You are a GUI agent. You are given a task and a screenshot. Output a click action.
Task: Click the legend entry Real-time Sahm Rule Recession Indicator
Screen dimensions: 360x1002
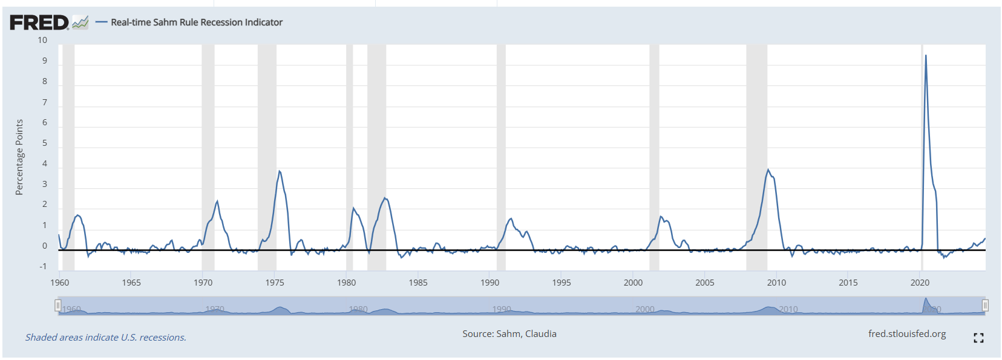click(196, 22)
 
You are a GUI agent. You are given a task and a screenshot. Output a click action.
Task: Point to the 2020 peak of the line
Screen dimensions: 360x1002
click(925, 56)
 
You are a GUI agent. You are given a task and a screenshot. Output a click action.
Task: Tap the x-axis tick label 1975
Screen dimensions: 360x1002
click(275, 283)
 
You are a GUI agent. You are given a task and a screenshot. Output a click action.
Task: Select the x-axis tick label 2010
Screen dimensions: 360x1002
click(776, 283)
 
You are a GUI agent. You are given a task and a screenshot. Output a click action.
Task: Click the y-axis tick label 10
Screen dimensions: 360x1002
click(42, 41)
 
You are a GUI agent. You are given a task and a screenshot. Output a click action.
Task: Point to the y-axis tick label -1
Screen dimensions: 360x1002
click(43, 267)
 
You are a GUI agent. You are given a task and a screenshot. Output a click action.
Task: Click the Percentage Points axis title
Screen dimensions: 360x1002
click(19, 157)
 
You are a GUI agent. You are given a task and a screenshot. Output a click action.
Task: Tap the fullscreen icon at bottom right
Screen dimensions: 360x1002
click(978, 338)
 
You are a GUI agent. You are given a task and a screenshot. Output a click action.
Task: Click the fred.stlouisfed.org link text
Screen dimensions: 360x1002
click(906, 334)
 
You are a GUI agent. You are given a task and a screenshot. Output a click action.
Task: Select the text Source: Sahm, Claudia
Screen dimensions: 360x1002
click(509, 334)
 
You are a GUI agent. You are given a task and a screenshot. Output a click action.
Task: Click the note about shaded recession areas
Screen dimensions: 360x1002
click(106, 338)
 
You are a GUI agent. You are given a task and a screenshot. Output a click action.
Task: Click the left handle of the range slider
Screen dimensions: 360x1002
click(58, 306)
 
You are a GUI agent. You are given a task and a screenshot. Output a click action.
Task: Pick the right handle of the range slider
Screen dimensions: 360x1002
click(985, 306)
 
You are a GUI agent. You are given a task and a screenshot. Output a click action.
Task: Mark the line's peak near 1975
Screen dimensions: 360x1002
click(279, 171)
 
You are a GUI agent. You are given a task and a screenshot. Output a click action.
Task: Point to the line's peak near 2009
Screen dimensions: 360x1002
click(768, 169)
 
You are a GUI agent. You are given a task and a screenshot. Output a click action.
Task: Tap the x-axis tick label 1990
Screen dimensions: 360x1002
click(490, 283)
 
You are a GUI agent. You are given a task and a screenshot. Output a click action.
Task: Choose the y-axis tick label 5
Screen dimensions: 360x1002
click(44, 143)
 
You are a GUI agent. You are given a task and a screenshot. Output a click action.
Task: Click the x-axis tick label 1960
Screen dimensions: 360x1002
click(59, 283)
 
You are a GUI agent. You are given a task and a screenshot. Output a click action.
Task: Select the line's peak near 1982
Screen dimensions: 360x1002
click(385, 198)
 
